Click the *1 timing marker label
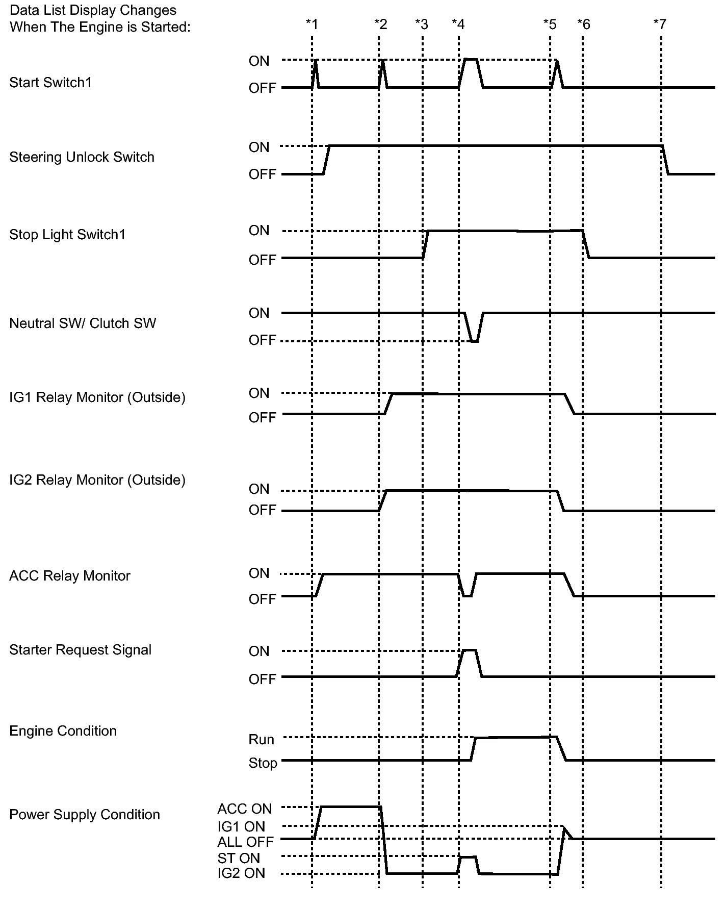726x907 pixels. (312, 24)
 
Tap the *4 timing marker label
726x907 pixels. (458, 24)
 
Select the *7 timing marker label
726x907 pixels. (660, 24)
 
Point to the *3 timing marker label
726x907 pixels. (421, 24)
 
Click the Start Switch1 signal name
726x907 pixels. (50, 83)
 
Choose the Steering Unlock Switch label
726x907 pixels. (82, 157)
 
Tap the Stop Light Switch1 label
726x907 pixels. (67, 235)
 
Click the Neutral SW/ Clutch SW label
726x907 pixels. (83, 323)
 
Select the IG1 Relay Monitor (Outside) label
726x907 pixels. (97, 397)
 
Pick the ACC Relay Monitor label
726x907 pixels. (70, 576)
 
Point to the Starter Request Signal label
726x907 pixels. (81, 650)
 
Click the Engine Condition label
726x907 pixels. (63, 731)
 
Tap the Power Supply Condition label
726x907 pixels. (85, 815)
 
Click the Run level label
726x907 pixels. (262, 740)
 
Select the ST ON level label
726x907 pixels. (239, 858)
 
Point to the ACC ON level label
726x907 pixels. (245, 809)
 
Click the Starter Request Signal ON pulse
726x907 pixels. (470, 651)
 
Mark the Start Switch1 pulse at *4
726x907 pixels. (471, 61)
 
